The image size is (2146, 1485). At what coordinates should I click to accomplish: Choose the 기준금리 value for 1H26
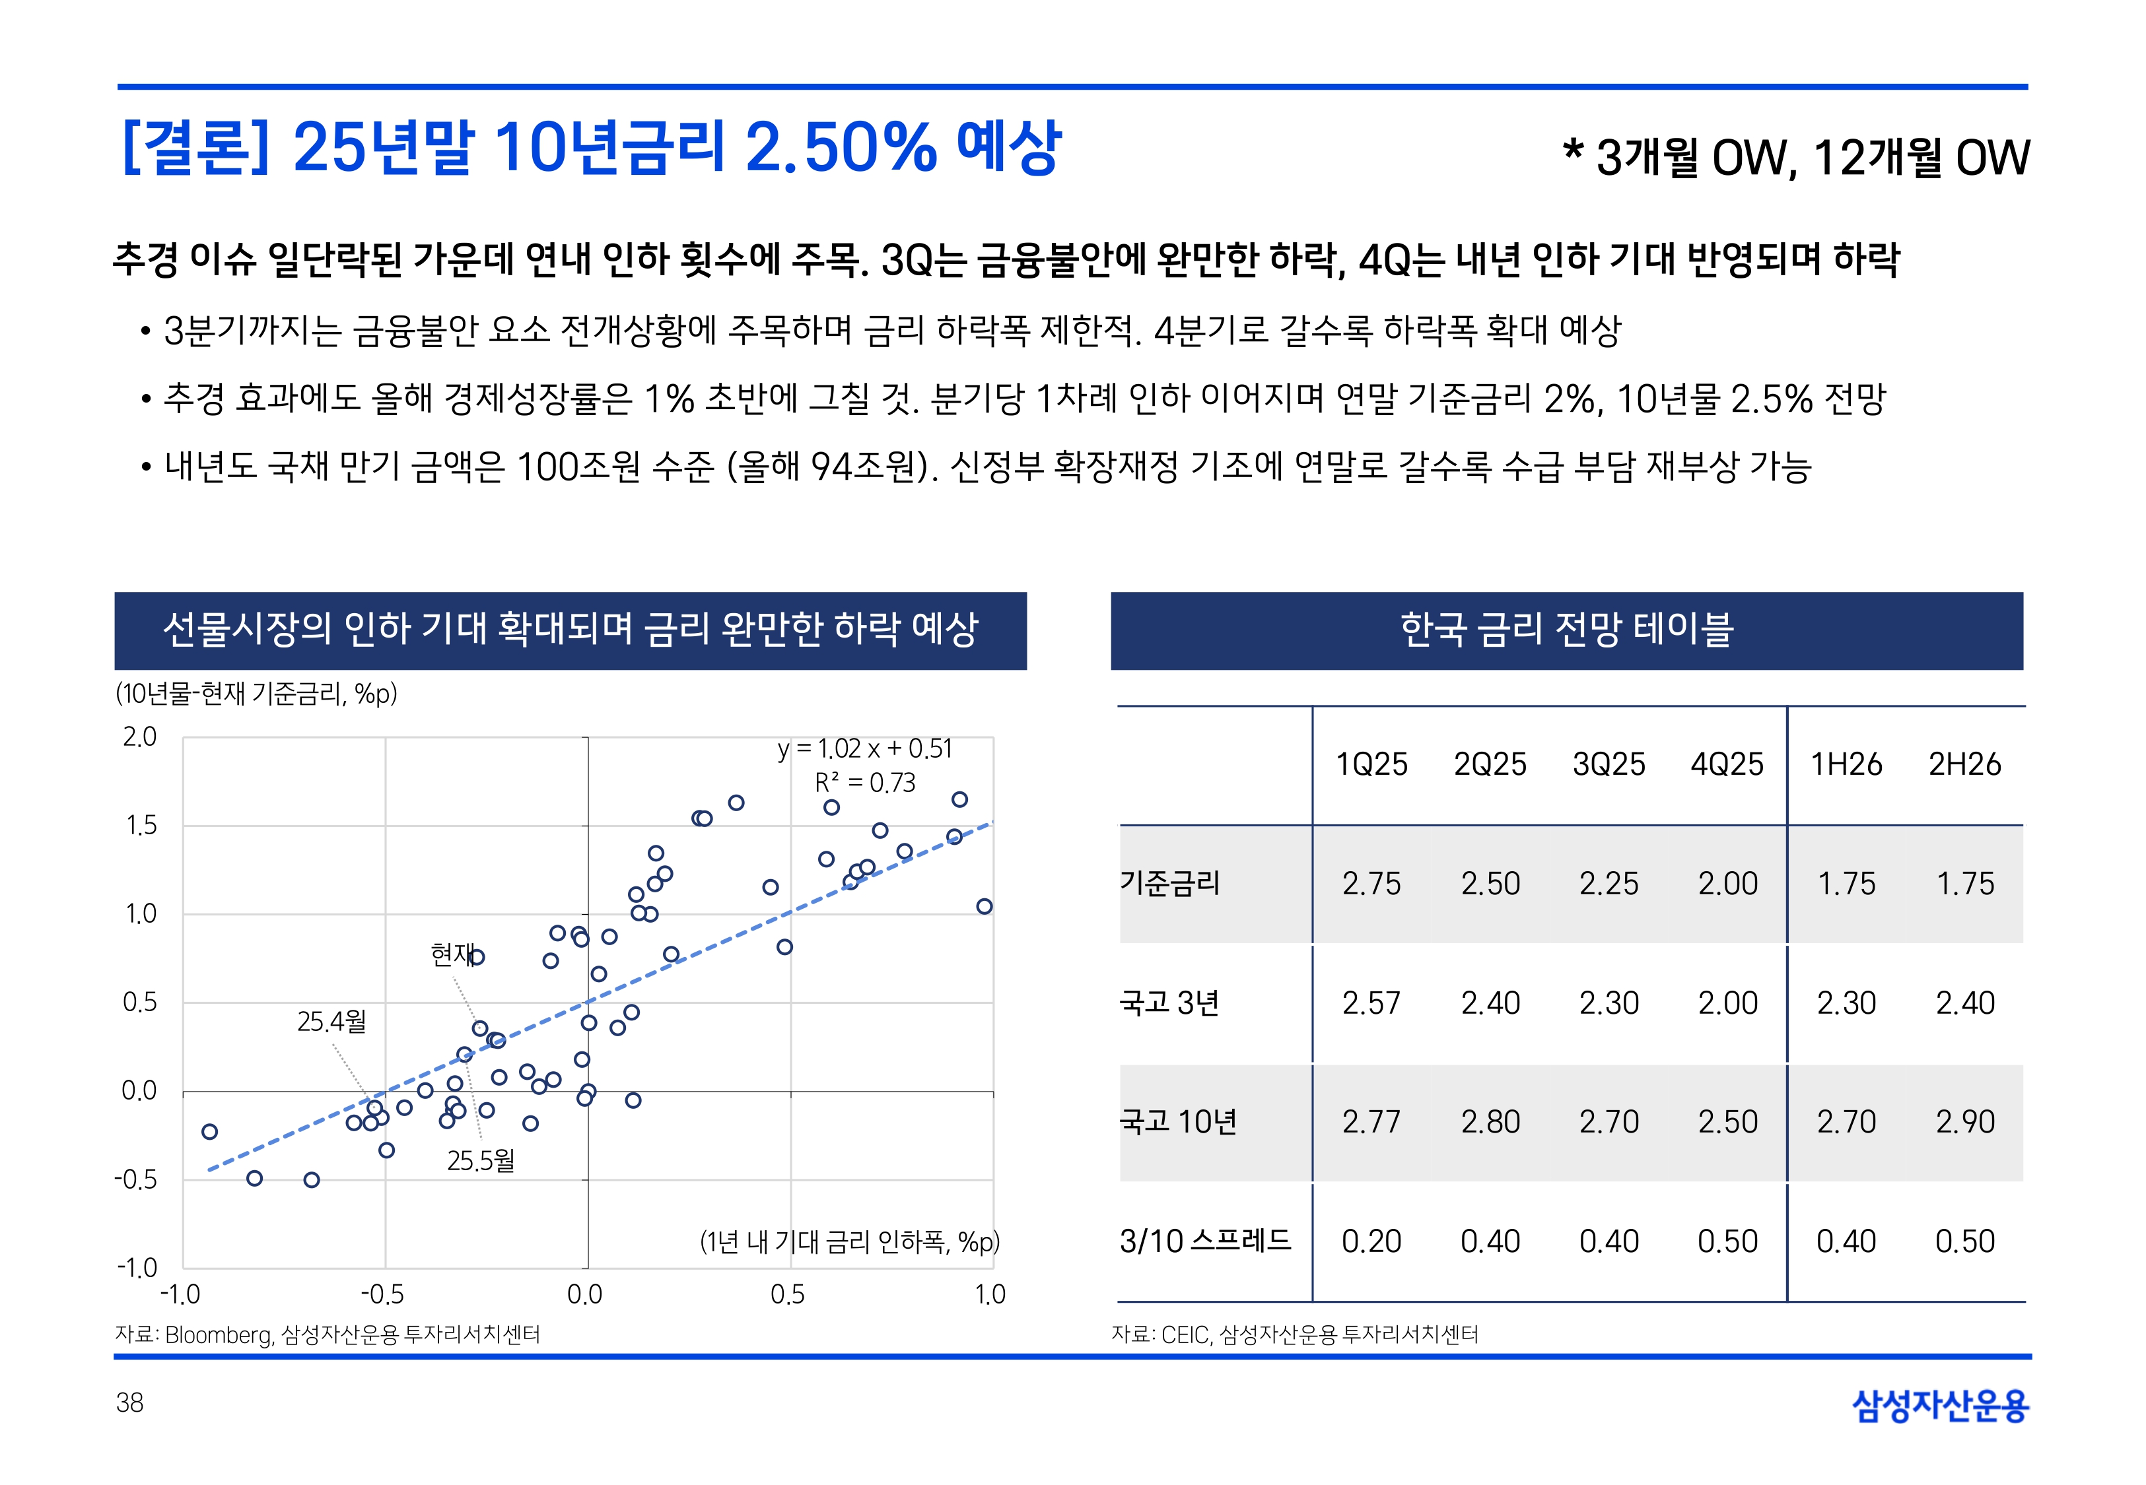(1846, 883)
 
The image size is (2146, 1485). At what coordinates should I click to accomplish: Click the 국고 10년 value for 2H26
(1964, 1121)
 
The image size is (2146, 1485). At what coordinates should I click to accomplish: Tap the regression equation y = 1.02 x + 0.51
(864, 749)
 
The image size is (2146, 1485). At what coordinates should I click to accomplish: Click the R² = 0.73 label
(864, 783)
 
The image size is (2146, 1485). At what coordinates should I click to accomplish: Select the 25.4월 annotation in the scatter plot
(331, 1022)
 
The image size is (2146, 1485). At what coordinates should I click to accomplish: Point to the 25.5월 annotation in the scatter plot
(480, 1160)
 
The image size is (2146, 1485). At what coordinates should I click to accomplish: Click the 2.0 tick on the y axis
(139, 737)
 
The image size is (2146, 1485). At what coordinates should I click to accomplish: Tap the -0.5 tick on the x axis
(382, 1294)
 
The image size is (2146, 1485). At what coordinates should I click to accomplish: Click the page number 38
(129, 1402)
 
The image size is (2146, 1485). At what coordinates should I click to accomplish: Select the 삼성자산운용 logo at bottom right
(1941, 1405)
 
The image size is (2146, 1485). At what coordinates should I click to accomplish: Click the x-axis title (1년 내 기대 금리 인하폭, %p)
(848, 1241)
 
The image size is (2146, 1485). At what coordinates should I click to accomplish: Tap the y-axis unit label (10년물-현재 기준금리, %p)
(256, 693)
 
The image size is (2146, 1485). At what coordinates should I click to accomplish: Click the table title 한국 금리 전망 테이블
(1566, 630)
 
